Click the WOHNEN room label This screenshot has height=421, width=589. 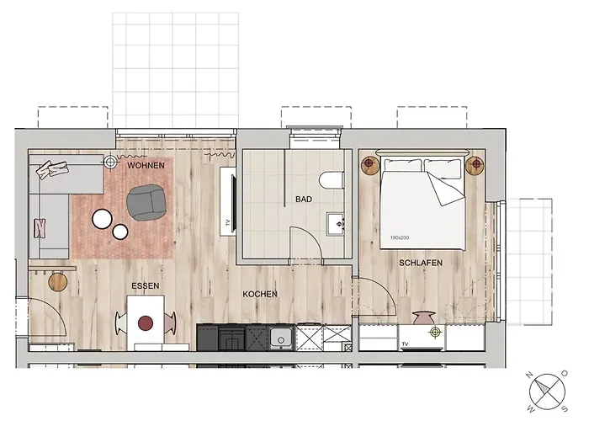146,166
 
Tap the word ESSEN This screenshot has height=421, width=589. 145,285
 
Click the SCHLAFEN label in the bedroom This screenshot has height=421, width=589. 421,264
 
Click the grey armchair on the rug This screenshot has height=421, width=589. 146,202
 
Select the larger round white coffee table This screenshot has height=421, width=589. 103,219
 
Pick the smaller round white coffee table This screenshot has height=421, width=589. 120,232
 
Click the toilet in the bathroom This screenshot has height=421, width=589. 332,179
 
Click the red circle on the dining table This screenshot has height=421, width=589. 146,322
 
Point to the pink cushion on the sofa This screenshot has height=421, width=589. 40,227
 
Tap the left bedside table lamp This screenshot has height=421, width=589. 369,164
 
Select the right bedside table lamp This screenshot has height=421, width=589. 475,164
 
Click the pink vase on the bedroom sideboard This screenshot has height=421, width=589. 422,318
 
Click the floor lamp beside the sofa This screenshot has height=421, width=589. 111,161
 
